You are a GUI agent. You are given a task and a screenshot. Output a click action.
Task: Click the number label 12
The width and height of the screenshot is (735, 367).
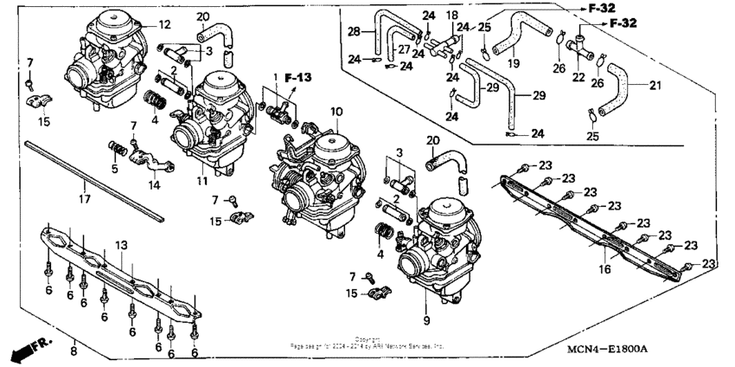point(164,24)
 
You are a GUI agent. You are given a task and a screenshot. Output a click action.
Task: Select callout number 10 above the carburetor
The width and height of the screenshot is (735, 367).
point(336,112)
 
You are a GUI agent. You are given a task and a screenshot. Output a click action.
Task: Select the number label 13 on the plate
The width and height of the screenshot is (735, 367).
point(121,245)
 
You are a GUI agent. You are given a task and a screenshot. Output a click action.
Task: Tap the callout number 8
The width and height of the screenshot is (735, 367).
point(73,351)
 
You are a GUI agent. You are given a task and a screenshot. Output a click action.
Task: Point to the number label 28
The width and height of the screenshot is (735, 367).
point(353,32)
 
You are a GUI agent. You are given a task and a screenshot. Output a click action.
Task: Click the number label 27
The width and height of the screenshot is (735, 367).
point(405,49)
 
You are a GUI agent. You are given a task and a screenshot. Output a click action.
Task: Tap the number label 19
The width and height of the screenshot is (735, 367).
point(513,63)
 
